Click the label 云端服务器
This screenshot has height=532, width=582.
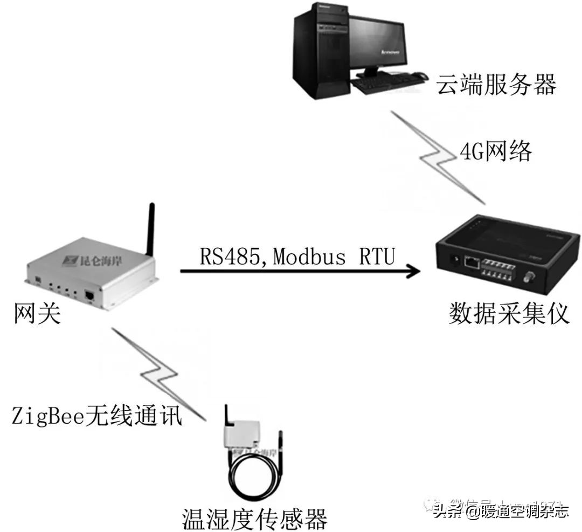pos(496,85)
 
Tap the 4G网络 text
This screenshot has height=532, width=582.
pos(495,152)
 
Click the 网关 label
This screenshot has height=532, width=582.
pos(37,314)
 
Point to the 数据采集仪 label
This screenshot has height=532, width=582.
pos(509,313)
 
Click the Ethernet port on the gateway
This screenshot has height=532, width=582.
pos(89,295)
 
